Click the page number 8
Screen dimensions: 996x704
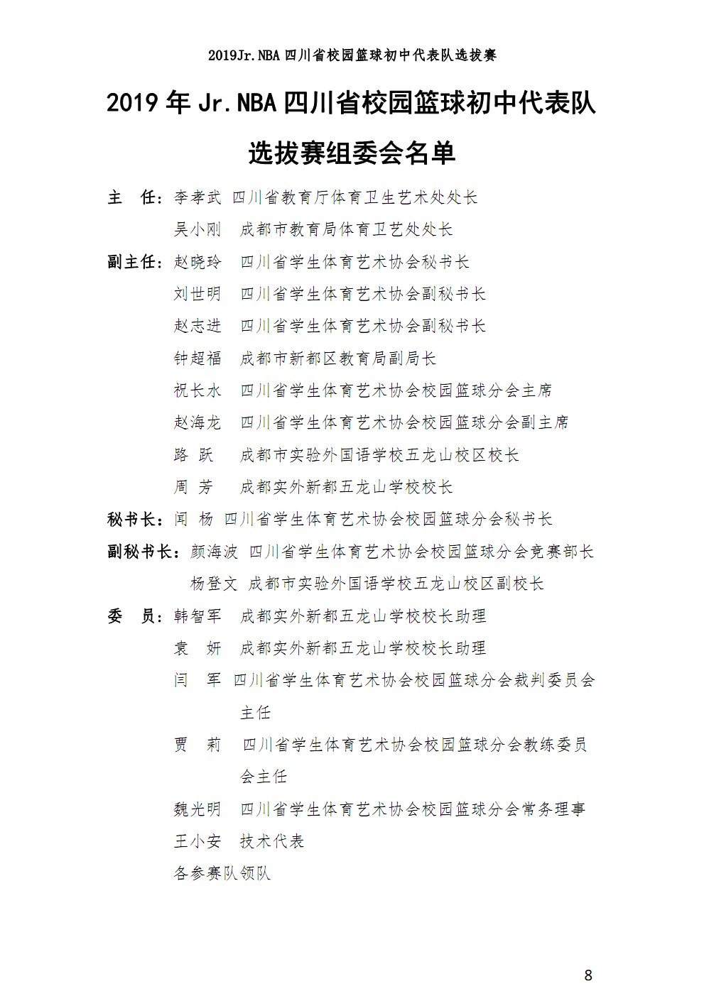pyautogui.click(x=587, y=975)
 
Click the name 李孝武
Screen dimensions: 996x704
pyautogui.click(x=197, y=197)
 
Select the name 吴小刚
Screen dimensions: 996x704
pyautogui.click(x=197, y=229)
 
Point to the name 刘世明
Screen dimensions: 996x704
pyautogui.click(x=197, y=294)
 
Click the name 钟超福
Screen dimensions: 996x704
pyautogui.click(x=197, y=359)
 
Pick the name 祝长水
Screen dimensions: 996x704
pyautogui.click(x=197, y=390)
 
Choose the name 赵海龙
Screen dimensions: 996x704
pyautogui.click(x=197, y=422)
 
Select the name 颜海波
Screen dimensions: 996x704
pyautogui.click(x=214, y=552)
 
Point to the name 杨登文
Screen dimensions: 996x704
pyautogui.click(x=214, y=584)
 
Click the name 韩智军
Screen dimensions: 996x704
pyautogui.click(x=197, y=615)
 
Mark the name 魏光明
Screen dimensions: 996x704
pyautogui.click(x=197, y=809)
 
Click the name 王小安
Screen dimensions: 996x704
pyautogui.click(x=197, y=841)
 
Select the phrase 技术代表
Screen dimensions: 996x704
pyautogui.click(x=272, y=841)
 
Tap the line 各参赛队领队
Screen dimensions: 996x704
pyautogui.click(x=222, y=873)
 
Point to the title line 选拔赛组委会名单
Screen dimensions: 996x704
pyautogui.click(x=352, y=153)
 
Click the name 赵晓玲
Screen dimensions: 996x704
pyautogui.click(x=197, y=262)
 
